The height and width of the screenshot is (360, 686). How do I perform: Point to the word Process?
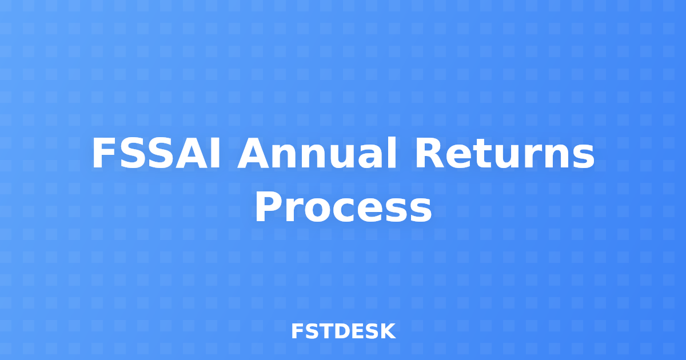tap(343, 208)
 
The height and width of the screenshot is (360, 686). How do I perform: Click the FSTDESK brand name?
tap(343, 331)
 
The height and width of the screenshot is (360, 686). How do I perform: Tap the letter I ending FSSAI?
tap(215, 154)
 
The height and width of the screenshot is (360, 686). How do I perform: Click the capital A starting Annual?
tap(253, 154)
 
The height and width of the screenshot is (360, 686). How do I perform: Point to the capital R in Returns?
tap(430, 154)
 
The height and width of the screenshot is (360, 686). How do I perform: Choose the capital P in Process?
tap(268, 208)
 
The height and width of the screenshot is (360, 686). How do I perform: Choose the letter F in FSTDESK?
tap(297, 331)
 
